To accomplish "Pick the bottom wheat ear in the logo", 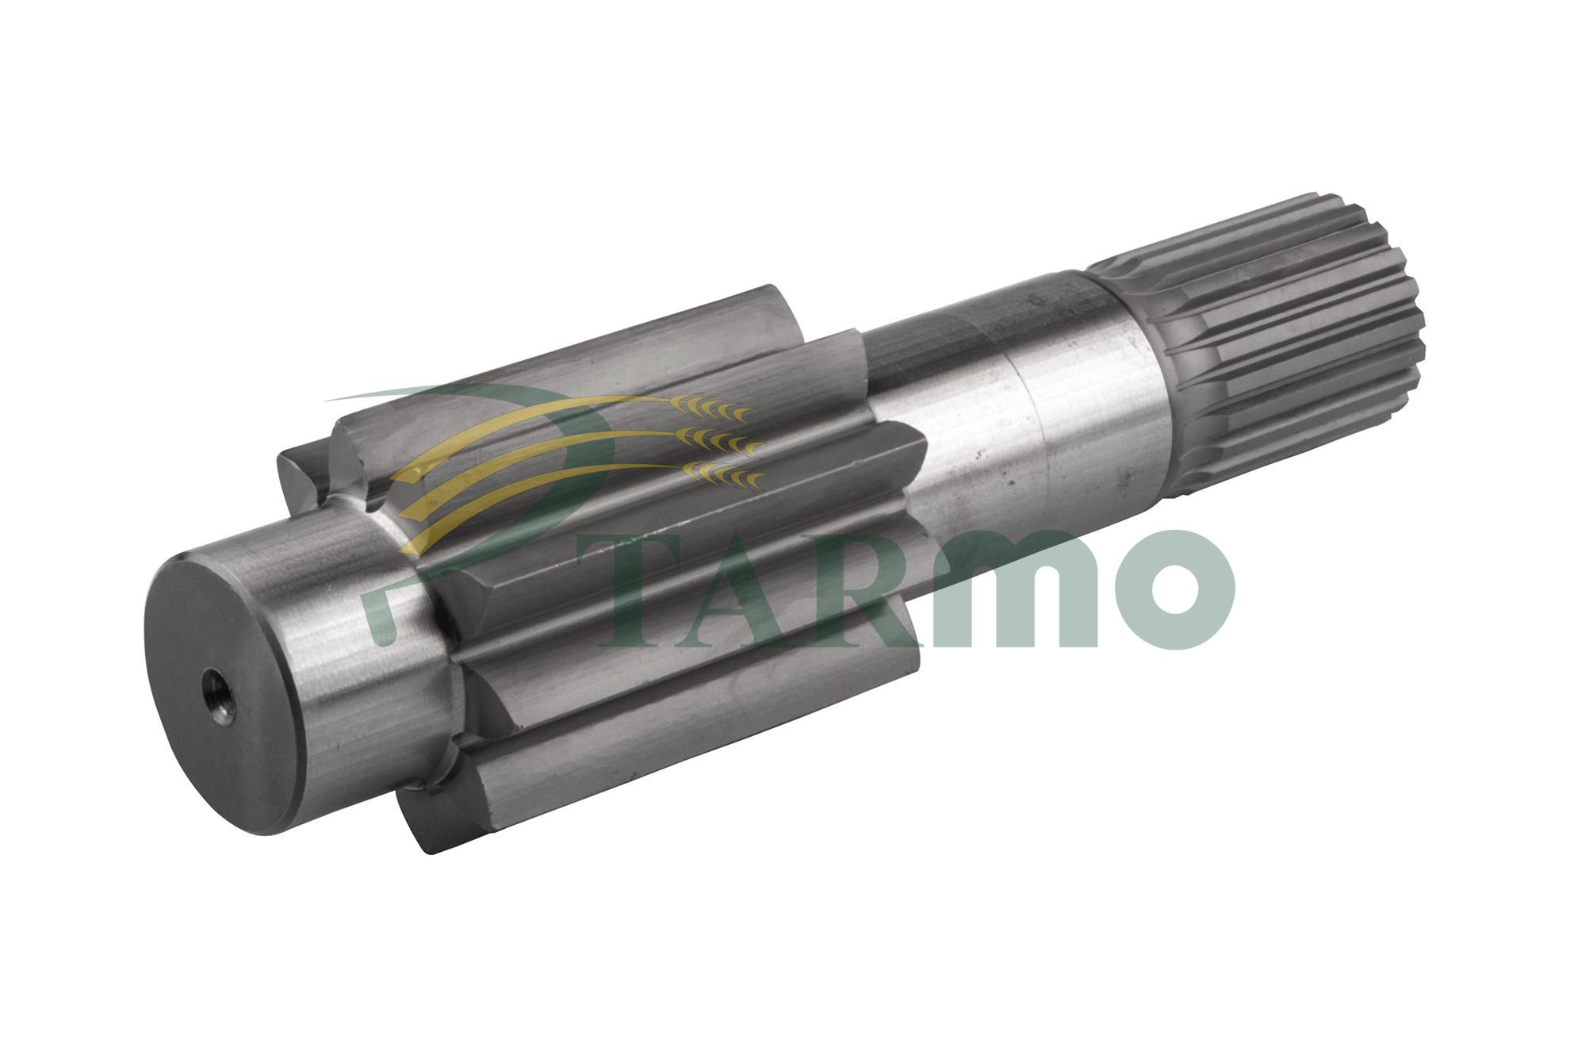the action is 726,474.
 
